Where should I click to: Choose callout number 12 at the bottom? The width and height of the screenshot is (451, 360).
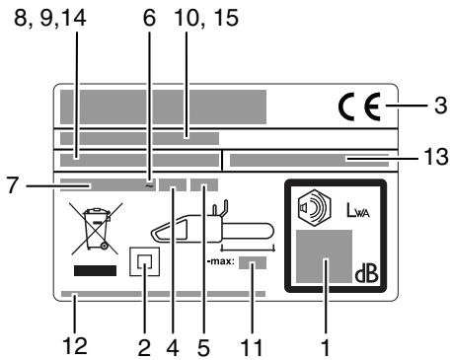76,345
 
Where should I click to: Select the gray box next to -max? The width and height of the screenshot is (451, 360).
253,263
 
